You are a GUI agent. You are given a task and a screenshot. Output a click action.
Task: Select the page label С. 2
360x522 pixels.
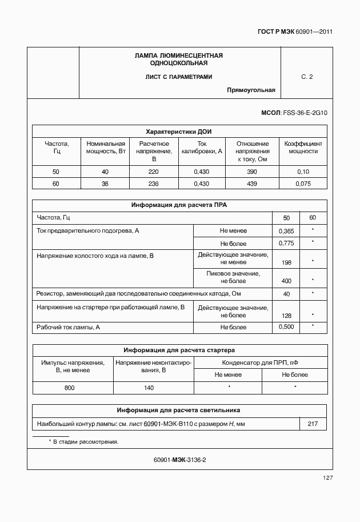[307, 77]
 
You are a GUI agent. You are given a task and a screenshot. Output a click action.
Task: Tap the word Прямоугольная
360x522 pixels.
[251, 90]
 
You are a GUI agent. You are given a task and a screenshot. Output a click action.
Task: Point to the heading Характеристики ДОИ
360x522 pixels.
[179, 131]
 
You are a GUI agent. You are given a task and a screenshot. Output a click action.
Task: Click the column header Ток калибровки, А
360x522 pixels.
[202, 148]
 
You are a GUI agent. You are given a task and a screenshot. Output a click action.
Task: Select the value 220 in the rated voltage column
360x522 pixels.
[154, 172]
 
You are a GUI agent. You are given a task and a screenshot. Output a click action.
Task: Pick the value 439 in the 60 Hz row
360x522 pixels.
[252, 184]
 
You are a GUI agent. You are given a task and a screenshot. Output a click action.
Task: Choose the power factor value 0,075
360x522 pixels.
[303, 184]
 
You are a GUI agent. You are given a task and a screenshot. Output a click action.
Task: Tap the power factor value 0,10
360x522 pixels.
[303, 172]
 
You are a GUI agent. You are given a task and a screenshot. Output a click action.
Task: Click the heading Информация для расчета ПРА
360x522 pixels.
[179, 205]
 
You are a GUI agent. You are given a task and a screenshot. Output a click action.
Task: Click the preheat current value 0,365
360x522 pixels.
[286, 230]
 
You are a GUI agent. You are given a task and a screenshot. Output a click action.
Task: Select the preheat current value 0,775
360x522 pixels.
[286, 243]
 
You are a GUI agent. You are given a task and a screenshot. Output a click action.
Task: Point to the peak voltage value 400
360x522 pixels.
[286, 281]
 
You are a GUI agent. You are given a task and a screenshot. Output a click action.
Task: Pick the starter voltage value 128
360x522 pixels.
[286, 315]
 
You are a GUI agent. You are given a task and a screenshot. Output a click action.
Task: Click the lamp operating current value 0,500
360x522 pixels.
[286, 327]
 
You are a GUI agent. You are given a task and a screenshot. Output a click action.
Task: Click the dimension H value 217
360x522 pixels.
[313, 424]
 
